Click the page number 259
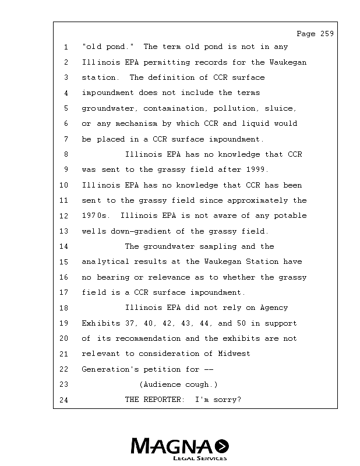(327, 34)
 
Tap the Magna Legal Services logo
(180, 449)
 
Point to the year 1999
(257, 170)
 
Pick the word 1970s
(96, 216)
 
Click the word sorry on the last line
(228, 400)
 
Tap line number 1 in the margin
(66, 47)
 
